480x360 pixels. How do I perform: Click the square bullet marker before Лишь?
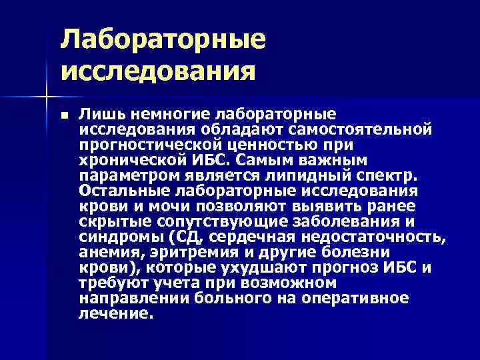click(x=64, y=115)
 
